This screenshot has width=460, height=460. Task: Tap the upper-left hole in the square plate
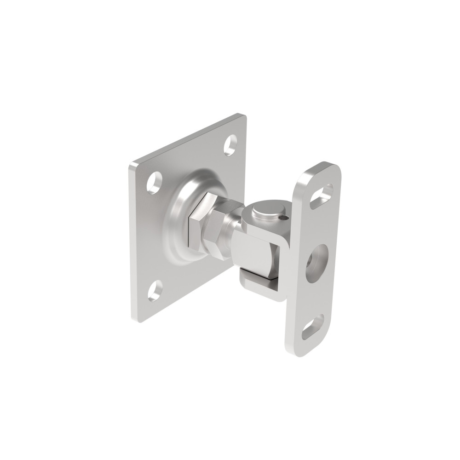coord(155,183)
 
